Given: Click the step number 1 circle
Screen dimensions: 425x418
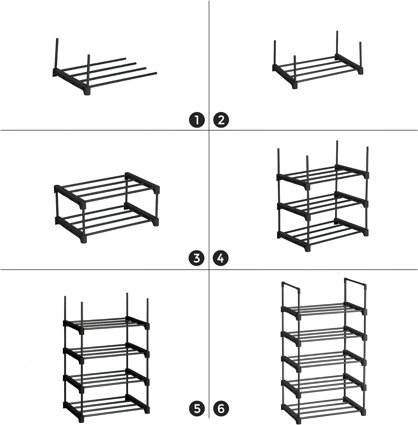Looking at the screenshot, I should [x=197, y=120].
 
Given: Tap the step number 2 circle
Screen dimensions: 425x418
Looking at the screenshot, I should [x=221, y=120].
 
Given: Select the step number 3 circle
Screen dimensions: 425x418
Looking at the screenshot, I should [x=197, y=258].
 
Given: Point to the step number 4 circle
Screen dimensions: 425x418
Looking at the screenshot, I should [x=221, y=258].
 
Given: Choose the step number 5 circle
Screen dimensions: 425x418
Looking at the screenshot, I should [x=197, y=409].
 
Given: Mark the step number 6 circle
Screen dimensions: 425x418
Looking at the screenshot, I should [x=221, y=409].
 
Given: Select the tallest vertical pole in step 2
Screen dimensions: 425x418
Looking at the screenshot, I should [x=337, y=42].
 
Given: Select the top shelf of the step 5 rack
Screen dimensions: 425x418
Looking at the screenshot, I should [x=106, y=324].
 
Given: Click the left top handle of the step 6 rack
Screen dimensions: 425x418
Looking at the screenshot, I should [x=291, y=287].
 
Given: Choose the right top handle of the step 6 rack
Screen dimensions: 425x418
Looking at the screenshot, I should [x=355, y=282].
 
